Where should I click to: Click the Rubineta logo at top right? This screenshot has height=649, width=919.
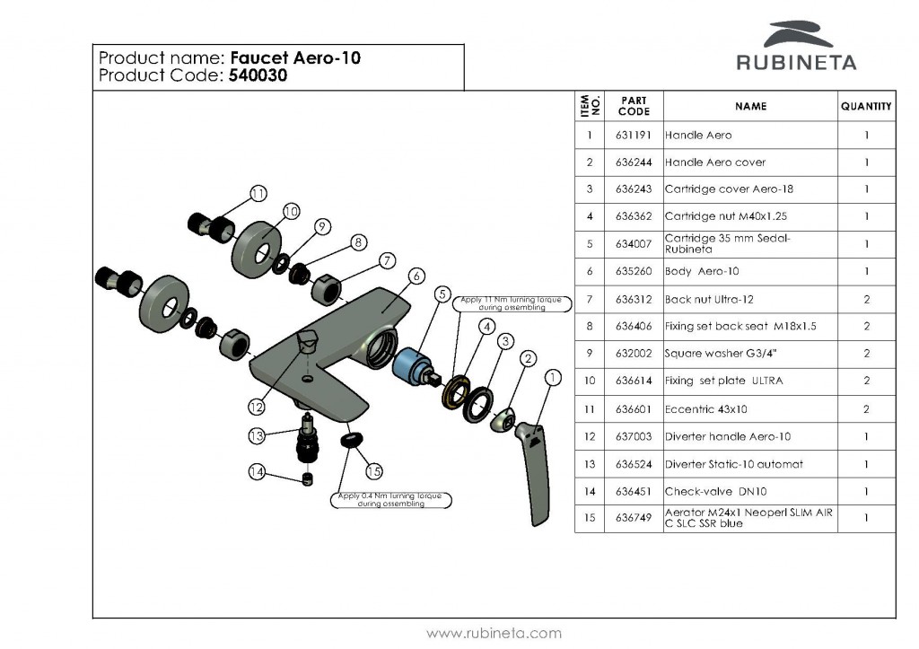coord(796,47)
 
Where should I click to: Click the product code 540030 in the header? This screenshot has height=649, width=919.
coord(258,76)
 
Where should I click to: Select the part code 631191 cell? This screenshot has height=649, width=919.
coord(634,136)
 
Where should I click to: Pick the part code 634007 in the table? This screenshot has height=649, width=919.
coord(634,244)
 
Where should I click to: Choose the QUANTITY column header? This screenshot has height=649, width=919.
coord(866,106)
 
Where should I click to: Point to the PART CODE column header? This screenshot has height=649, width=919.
coord(634,106)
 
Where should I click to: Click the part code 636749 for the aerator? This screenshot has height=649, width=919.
coord(634,519)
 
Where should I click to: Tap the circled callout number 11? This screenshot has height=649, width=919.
coord(258,193)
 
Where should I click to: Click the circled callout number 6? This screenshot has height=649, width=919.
coord(416,276)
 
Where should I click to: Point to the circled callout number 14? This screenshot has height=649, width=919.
coord(257,470)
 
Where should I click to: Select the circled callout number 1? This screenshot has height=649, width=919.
coord(553,378)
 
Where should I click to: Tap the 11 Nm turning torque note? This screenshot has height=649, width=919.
coord(510,303)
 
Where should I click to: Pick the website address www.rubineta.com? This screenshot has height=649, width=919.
coord(494,633)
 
